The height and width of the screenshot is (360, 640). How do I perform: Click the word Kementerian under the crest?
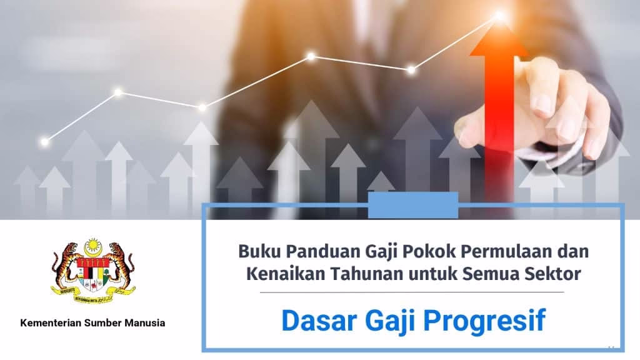coord(51,323)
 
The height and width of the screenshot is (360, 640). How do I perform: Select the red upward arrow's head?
coord(499,40)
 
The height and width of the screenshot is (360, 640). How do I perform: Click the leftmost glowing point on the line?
coord(44,142)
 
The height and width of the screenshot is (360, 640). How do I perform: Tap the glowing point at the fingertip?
coord(499,17)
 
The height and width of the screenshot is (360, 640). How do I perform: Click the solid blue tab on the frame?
coord(413,205)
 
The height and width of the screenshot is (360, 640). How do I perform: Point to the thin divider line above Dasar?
coord(412,292)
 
